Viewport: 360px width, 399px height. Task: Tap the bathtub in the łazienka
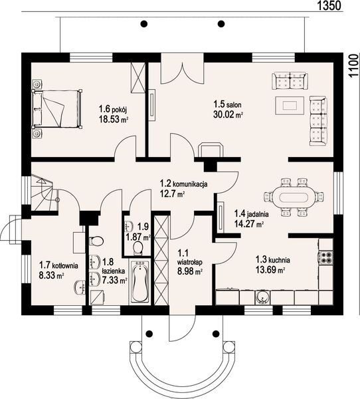pyautogui.click(x=140, y=281)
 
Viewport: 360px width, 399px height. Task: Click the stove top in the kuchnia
pyautogui.click(x=325, y=257)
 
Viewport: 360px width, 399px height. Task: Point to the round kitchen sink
pyautogui.click(x=262, y=297)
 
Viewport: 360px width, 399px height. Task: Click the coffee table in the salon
pyautogui.click(x=290, y=105)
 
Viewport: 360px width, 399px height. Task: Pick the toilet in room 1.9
pyautogui.click(x=138, y=248)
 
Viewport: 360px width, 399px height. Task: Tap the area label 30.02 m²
pyautogui.click(x=228, y=115)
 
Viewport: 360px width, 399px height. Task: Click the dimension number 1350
pyautogui.click(x=329, y=5)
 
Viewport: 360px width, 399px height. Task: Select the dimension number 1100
pyautogui.click(x=353, y=66)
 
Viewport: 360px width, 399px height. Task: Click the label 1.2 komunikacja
pyautogui.click(x=183, y=184)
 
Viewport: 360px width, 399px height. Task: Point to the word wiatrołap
pyautogui.click(x=190, y=262)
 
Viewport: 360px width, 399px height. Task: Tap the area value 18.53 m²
pyautogui.click(x=113, y=119)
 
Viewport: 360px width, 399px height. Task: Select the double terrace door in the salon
pyautogui.click(x=182, y=68)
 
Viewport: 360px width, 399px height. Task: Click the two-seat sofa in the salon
pyautogui.click(x=290, y=80)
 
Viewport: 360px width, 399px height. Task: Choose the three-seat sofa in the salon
pyautogui.click(x=317, y=120)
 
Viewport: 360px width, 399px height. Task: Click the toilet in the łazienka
pyautogui.click(x=96, y=241)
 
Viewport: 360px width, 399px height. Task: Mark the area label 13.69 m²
pyautogui.click(x=270, y=270)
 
